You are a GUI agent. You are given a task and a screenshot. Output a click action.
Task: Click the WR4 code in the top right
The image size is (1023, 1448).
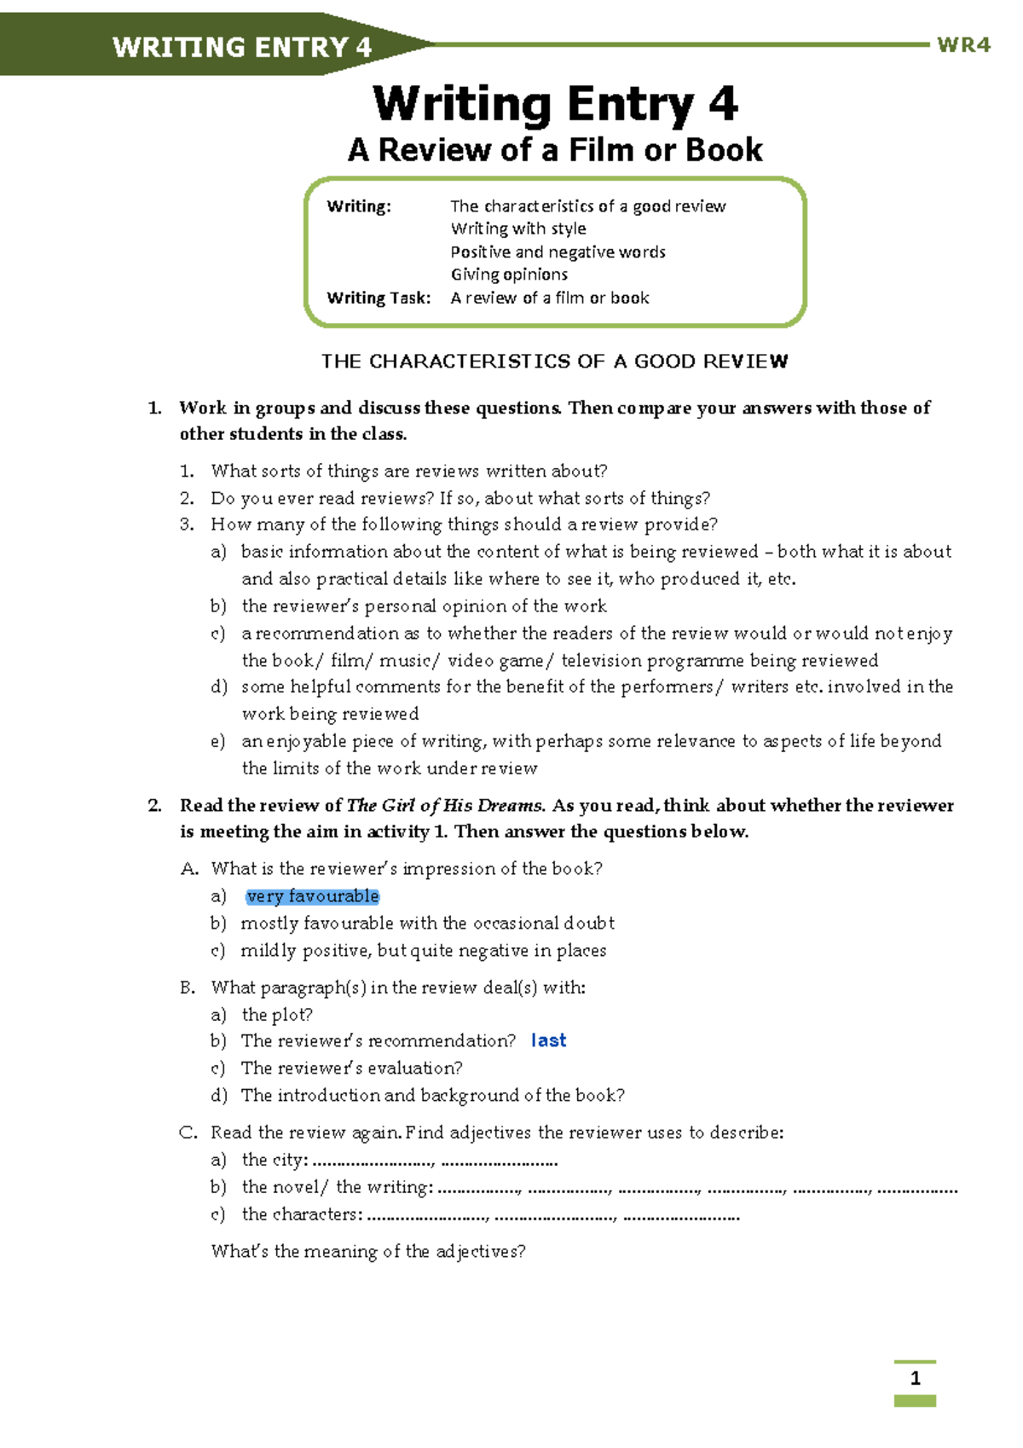(963, 45)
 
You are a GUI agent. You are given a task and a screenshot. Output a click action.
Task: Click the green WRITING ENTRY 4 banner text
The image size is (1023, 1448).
(242, 47)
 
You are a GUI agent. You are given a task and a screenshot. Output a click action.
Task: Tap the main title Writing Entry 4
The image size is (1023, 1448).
(555, 104)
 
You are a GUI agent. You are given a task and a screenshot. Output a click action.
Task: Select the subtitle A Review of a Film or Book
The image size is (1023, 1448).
(555, 150)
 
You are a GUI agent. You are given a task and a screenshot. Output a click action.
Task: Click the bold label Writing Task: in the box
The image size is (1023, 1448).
(379, 298)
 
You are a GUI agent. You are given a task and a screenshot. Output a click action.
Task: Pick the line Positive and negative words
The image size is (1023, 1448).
(558, 252)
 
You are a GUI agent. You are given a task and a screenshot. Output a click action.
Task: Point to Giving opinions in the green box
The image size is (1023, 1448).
(509, 275)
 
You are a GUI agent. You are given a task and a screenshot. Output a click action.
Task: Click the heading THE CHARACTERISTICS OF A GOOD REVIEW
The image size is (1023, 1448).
(554, 362)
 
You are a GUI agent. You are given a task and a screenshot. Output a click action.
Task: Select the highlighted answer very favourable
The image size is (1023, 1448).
(312, 896)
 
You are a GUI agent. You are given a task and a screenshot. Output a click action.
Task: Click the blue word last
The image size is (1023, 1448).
(548, 1040)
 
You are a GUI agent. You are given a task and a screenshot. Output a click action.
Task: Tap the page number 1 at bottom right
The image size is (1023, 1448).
(915, 1379)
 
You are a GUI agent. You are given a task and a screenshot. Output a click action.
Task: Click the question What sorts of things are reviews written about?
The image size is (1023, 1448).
(408, 471)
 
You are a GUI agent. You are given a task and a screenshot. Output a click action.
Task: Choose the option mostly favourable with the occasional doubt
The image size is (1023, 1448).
(427, 924)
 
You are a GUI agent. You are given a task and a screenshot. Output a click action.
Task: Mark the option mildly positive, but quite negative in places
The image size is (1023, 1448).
(423, 951)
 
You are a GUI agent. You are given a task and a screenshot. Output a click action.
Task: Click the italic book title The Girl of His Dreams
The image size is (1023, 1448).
(445, 806)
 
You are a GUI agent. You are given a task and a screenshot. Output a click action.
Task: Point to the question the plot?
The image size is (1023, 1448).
(277, 1015)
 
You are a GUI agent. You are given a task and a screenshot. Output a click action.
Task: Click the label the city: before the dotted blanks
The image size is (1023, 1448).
(275, 1160)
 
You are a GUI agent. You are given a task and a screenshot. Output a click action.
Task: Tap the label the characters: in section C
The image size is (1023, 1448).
(302, 1214)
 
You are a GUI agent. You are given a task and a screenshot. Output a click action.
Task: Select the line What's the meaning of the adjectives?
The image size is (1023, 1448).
(368, 1252)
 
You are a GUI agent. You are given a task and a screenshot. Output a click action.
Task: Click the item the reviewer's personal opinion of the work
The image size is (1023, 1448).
(424, 606)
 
